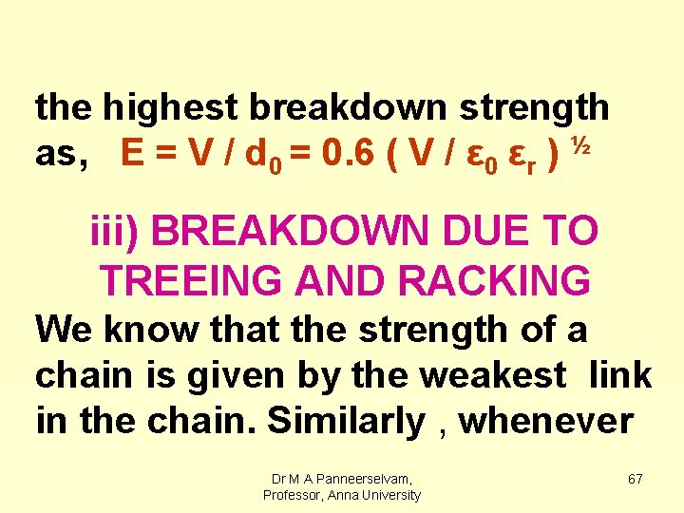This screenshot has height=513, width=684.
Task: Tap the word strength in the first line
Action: (534, 108)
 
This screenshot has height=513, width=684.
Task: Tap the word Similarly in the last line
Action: (346, 421)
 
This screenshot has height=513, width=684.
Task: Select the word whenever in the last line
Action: (546, 421)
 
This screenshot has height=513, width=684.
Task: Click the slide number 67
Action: (635, 479)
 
